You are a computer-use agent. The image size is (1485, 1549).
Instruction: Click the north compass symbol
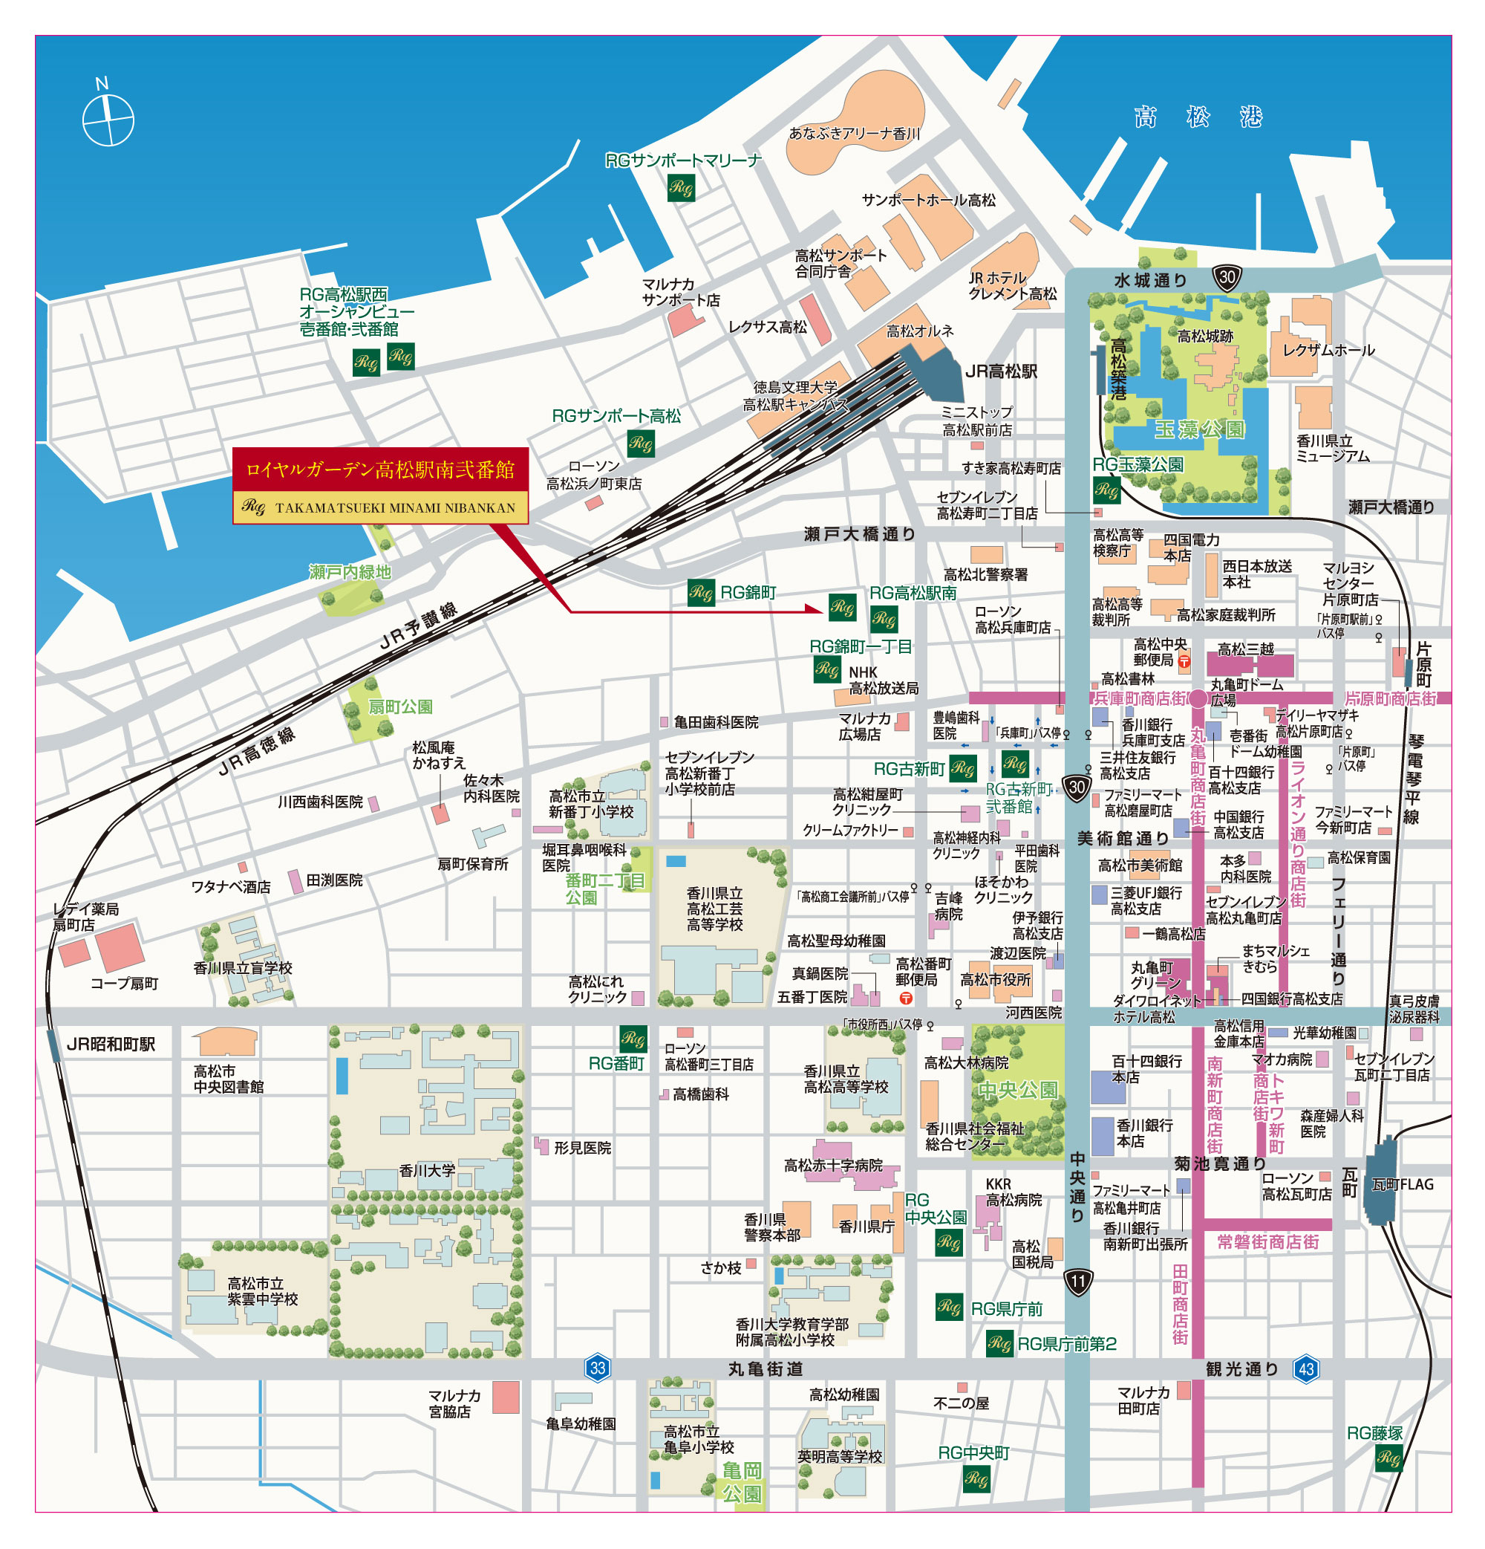click(108, 119)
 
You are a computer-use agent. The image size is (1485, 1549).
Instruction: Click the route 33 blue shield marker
click(598, 1368)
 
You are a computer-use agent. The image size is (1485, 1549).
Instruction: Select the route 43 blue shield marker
click(1306, 1368)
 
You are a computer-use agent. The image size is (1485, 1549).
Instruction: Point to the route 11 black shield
click(1078, 1281)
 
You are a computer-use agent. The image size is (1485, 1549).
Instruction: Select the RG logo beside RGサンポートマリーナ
click(681, 188)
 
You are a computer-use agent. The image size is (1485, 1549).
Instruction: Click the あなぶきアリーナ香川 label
click(855, 134)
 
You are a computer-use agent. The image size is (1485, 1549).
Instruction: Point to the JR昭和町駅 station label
click(111, 1045)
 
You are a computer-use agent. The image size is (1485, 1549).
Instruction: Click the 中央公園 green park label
click(1017, 1091)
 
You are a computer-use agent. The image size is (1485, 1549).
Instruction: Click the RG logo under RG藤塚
click(1388, 1459)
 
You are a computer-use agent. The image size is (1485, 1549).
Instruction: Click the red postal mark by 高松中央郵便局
click(1184, 661)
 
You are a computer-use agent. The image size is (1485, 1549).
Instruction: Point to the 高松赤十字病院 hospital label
click(833, 1165)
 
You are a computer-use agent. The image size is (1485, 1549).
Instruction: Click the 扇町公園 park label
click(399, 707)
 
